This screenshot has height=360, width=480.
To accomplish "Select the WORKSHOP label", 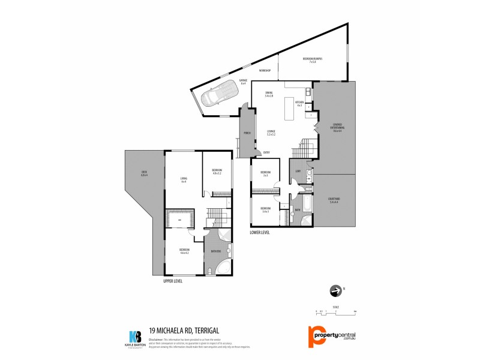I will coord(265,71).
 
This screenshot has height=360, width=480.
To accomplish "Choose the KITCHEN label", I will coord(299,104).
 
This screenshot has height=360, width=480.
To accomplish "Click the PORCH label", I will coord(246,133).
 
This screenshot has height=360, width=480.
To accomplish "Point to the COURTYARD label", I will coord(334,200).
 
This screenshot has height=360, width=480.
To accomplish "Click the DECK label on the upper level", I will coord(144,175).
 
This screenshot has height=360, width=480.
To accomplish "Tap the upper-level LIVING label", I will coord(184,179).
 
